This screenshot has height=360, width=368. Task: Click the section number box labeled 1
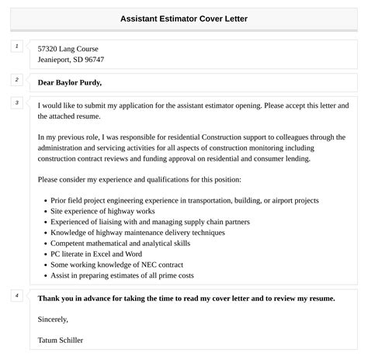[16, 47]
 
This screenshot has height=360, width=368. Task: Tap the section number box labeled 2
[16, 79]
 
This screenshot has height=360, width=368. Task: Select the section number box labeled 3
[16, 102]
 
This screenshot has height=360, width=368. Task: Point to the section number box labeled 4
[16, 296]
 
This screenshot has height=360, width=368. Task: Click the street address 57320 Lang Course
[68, 48]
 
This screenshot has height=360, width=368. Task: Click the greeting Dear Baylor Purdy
[70, 82]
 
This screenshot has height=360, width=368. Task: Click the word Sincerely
[53, 319]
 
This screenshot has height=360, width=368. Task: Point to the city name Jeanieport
[54, 60]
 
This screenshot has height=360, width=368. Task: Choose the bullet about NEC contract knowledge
[116, 264]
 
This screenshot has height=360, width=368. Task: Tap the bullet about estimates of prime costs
[121, 275]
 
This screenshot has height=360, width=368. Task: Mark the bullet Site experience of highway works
[102, 209]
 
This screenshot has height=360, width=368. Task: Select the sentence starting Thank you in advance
[186, 298]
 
